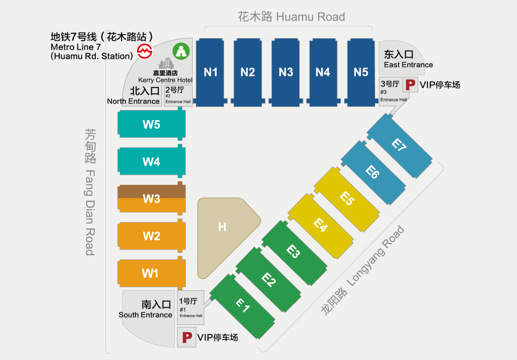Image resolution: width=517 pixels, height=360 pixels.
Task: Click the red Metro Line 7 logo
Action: [x=144, y=51]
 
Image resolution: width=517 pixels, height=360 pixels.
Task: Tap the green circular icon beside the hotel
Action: [x=181, y=51]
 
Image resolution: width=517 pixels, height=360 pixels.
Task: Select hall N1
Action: [x=211, y=72]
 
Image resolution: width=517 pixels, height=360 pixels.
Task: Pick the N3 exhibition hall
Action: [x=286, y=72]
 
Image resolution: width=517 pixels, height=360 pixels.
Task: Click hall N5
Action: [x=361, y=72]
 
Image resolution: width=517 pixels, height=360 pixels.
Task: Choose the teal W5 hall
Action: [x=151, y=124]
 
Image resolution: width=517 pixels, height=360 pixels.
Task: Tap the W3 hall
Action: [x=151, y=199]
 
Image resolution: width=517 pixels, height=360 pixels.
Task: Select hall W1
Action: [x=150, y=273]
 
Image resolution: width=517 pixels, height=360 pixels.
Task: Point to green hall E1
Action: [x=243, y=305]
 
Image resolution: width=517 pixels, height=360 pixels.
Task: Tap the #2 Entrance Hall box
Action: [x=179, y=95]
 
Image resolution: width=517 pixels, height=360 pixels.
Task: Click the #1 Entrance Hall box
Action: [x=191, y=307]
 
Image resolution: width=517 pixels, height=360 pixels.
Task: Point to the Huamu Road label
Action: [x=291, y=17]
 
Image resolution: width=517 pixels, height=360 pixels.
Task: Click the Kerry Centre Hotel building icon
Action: [x=166, y=64]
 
